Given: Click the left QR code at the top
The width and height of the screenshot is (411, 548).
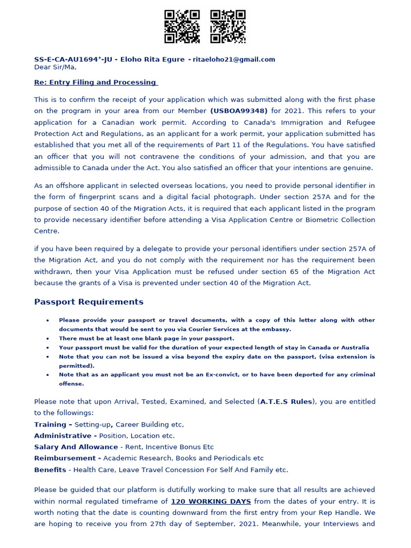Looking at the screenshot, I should coord(181,26).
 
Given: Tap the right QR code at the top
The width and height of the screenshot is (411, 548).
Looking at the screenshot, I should coord(227,26).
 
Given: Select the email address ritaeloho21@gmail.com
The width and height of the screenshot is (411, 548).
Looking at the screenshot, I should coord(234,59).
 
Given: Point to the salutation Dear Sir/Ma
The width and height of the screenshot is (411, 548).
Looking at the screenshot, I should coord(55,67).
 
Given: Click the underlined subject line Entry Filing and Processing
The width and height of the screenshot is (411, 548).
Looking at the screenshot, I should coord(96,82).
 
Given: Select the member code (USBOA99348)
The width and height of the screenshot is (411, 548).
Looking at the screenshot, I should coord(239,111).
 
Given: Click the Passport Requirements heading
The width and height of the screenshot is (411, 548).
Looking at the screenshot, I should coord(89,302).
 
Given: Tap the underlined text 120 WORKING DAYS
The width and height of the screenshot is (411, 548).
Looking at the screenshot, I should coord(211,501).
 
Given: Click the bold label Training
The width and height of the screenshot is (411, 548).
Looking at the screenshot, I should coord(50,424).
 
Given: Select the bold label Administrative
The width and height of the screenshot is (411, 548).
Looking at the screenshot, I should coord(63,436).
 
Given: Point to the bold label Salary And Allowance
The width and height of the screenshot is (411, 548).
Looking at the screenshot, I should coord(76,447).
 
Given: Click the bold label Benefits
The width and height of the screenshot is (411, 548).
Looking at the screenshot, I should coord(50,470).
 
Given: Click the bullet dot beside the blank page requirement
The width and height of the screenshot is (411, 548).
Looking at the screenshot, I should coord(48,339).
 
